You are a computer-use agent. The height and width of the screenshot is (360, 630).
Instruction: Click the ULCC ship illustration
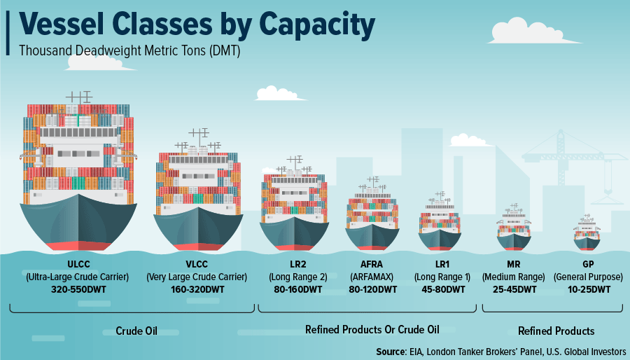(78, 173)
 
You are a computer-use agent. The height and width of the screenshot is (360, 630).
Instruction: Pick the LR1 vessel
(440, 222)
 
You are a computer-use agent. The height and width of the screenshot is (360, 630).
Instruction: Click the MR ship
(514, 228)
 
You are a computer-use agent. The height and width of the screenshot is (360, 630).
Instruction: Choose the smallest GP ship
(587, 234)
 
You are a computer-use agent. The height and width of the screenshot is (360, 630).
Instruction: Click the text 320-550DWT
(78, 289)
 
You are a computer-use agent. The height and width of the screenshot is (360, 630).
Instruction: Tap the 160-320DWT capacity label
(197, 289)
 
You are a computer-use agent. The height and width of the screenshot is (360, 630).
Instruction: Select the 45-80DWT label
(443, 289)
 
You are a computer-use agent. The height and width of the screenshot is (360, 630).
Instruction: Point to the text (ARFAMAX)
(372, 277)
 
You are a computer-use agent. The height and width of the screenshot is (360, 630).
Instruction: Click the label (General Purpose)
(588, 277)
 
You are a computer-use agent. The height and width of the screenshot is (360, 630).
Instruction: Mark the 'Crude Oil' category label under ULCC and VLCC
(136, 331)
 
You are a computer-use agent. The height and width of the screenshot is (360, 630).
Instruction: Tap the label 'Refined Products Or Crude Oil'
(372, 330)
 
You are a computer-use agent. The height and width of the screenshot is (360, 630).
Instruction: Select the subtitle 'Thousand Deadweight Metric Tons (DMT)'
(129, 51)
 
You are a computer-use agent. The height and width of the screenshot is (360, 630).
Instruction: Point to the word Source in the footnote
(391, 352)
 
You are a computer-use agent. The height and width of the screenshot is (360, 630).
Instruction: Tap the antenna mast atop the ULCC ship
(79, 97)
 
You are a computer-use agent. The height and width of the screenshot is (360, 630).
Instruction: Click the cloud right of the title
(533, 31)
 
